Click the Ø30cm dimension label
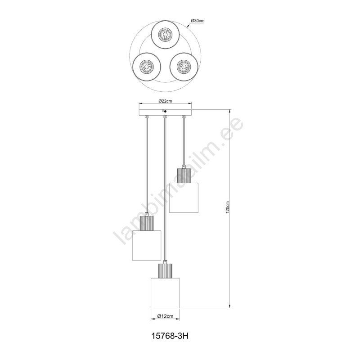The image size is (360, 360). pos(198,21)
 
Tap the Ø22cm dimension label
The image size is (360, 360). pos(165,101)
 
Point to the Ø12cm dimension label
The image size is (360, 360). pos(165,316)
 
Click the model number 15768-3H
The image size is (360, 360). pos(170,336)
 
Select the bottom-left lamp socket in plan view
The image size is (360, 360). pos(146,67)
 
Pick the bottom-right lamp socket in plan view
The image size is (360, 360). pos(184,66)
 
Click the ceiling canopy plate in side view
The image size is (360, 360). pos(165,112)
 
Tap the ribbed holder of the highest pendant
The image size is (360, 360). pos(184,175)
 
